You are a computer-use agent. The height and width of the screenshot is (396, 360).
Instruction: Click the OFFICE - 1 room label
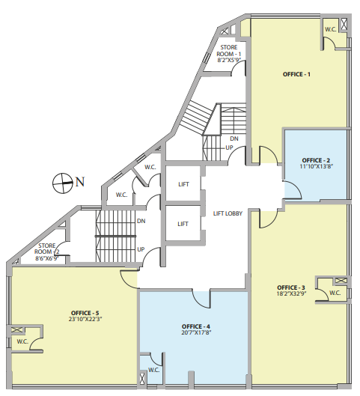click(296, 74)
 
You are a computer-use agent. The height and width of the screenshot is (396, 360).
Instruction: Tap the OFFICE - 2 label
click(316, 160)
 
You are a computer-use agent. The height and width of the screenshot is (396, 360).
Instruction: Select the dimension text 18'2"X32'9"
click(292, 293)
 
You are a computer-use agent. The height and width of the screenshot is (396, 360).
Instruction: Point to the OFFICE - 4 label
click(196, 326)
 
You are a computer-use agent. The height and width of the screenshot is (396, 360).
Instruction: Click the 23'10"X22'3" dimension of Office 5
click(85, 319)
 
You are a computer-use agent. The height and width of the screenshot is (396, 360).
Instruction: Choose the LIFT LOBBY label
click(228, 213)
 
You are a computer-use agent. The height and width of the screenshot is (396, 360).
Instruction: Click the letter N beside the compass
click(80, 182)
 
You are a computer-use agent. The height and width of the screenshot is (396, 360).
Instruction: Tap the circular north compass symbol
click(61, 183)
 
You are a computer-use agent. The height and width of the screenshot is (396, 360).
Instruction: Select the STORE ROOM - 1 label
click(229, 51)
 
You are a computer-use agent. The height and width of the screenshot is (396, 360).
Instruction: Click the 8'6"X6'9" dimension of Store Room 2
click(47, 258)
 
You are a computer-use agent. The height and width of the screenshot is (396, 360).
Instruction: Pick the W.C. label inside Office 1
click(331, 29)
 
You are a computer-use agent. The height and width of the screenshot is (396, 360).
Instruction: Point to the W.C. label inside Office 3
click(335, 293)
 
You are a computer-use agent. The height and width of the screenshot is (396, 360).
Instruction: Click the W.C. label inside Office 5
click(22, 341)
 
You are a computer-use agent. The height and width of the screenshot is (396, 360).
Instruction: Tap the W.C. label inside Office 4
click(153, 371)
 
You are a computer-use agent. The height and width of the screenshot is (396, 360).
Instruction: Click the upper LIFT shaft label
click(183, 184)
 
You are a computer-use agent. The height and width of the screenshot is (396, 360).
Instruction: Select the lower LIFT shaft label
click(183, 224)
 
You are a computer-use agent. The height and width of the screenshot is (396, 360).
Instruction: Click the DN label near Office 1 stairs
click(234, 138)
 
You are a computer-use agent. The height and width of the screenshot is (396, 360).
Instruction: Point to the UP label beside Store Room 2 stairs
click(141, 249)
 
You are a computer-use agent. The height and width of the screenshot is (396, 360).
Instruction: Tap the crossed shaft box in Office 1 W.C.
click(344, 24)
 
